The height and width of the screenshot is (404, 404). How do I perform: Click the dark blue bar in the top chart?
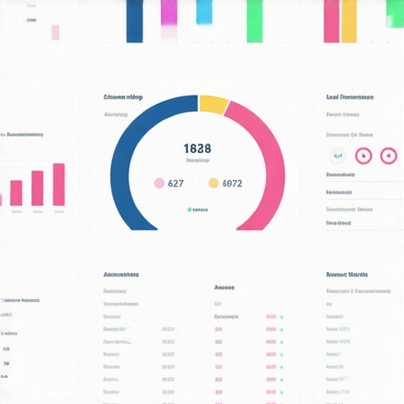point(134,21)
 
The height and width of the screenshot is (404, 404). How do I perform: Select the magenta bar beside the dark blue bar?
point(169,14)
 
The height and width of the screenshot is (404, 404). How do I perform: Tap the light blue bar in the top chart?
point(204,12)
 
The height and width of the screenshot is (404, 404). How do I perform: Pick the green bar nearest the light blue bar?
point(254,21)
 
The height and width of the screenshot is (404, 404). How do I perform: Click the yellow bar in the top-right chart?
point(349,21)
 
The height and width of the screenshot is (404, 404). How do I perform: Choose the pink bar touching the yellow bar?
point(331,21)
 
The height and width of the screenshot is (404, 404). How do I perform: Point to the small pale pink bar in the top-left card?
point(55,32)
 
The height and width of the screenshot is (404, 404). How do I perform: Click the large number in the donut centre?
point(196,148)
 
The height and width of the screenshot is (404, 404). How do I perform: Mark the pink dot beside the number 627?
point(159,183)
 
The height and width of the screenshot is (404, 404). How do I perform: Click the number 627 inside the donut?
point(175,183)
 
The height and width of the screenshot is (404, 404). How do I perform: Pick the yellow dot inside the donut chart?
point(213,183)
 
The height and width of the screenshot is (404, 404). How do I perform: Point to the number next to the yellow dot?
point(232,183)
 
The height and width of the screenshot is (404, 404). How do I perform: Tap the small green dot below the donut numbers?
point(189,210)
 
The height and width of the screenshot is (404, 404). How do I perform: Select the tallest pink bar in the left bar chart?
point(58,185)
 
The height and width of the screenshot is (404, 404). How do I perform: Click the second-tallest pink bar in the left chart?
point(37,188)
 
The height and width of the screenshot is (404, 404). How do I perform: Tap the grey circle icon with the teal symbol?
point(338,155)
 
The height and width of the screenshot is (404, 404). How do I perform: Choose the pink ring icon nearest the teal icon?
point(363,155)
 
